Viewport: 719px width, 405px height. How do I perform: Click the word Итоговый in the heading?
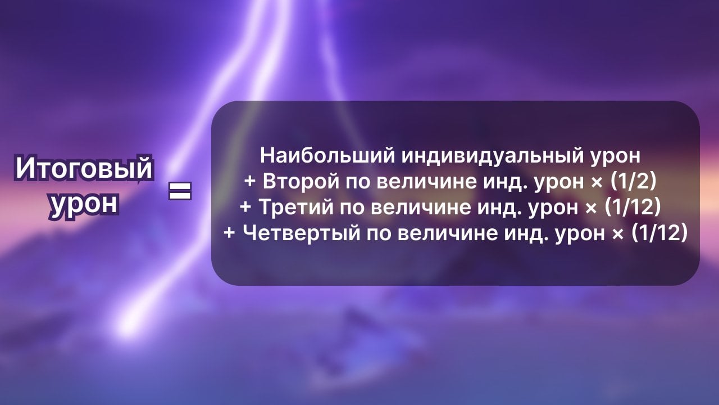pyautogui.click(x=84, y=169)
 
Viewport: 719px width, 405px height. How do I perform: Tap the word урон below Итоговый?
pyautogui.click(x=84, y=204)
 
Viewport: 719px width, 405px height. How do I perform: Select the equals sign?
pyautogui.click(x=180, y=191)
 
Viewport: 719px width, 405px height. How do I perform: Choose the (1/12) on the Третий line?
pyautogui.click(x=632, y=208)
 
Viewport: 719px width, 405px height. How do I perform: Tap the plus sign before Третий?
pyautogui.click(x=245, y=208)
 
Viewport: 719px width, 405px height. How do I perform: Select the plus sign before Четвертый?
pyautogui.click(x=229, y=233)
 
